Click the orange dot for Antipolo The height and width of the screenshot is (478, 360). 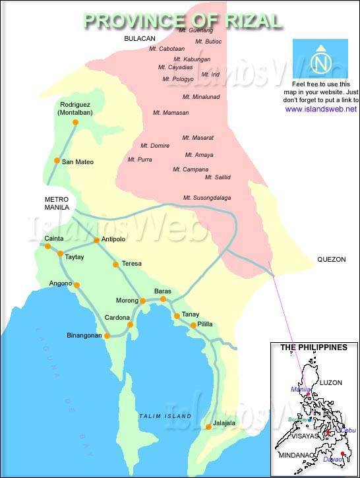click(96, 240)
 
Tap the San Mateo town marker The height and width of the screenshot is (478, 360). click(57, 161)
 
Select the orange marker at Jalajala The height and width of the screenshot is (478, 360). click(208, 427)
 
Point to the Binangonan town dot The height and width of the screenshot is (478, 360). click(107, 336)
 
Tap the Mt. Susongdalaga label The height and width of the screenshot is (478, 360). click(207, 198)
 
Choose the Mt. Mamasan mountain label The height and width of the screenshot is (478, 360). click(170, 113)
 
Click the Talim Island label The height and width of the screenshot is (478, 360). click(165, 416)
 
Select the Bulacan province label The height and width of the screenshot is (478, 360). click(139, 40)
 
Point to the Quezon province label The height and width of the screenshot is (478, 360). click(331, 260)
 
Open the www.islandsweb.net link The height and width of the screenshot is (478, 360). click(321, 109)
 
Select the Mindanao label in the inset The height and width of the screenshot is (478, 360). click(293, 455)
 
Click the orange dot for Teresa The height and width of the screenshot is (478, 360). click(116, 264)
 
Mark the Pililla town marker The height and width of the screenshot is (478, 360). click(194, 325)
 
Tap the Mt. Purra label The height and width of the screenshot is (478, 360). click(140, 160)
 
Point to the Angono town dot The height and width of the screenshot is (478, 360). click(77, 285)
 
